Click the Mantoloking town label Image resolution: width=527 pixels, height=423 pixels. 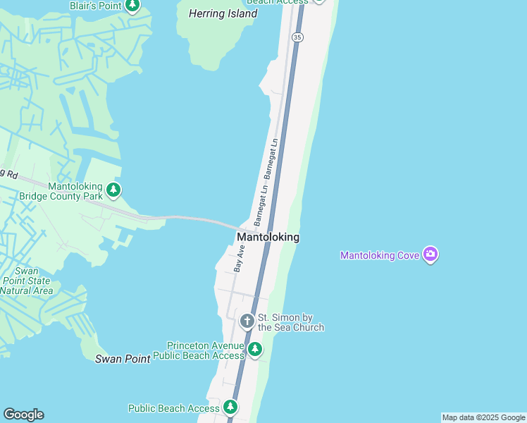tap(268, 238)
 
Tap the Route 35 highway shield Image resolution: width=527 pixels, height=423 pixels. tap(298, 37)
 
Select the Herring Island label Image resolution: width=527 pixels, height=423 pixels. tap(223, 14)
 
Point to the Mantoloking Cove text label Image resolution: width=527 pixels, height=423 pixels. tap(380, 255)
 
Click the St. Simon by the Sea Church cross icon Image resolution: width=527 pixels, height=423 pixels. tap(247, 321)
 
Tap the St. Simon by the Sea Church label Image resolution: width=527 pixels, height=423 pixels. tap(291, 322)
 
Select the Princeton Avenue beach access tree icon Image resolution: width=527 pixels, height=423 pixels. tap(255, 349)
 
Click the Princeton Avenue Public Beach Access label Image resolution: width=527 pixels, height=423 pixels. tap(206, 350)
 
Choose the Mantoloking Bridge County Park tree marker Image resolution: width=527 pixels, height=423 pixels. tap(113, 190)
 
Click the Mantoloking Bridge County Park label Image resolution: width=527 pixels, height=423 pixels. tap(76, 191)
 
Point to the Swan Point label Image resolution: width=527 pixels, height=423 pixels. tap(123, 359)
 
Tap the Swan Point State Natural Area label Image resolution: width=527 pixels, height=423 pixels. tap(27, 281)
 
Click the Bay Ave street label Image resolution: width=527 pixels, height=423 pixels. tap(239, 259)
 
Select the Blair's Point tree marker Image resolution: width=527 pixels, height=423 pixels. tap(132, 6)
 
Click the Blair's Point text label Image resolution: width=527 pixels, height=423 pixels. tap(95, 6)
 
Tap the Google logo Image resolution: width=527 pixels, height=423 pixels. tap(23, 415)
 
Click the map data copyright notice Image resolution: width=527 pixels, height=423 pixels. tap(483, 417)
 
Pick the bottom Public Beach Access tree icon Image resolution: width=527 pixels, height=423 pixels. tap(230, 407)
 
